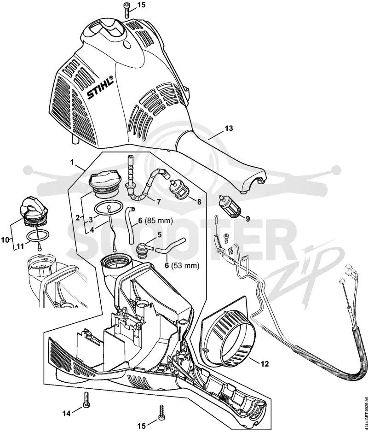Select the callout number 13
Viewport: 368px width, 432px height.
229,128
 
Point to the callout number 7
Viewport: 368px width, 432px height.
159,202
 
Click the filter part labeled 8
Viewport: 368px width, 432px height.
179,187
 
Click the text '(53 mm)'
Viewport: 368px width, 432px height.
185,266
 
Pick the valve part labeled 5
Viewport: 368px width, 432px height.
144,249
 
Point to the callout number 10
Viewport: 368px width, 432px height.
5,239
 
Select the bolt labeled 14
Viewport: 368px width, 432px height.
85,402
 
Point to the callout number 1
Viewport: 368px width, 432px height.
72,162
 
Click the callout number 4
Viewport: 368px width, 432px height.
92,229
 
